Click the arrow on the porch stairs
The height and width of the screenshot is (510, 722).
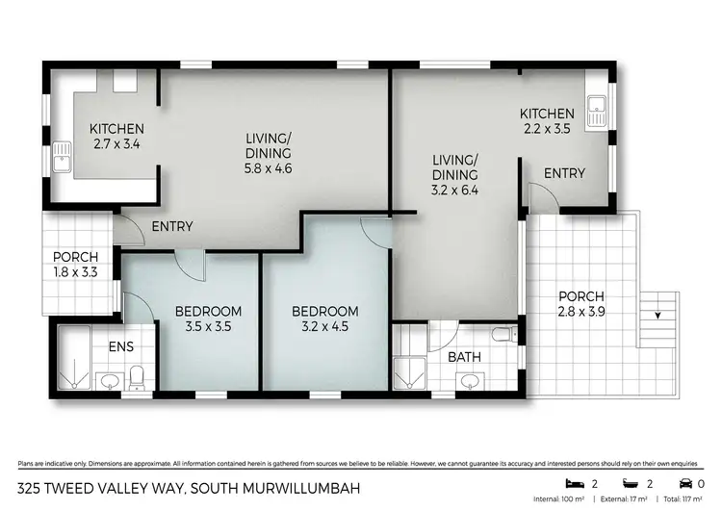[658, 315]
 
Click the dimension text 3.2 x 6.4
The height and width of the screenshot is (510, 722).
[454, 190]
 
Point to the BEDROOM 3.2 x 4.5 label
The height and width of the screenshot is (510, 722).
[324, 319]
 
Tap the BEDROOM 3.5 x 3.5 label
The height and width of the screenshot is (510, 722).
[207, 319]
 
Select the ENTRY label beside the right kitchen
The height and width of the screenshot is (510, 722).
[564, 173]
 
